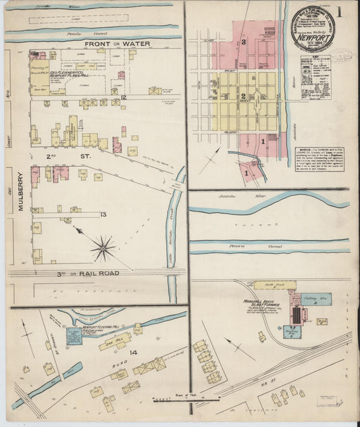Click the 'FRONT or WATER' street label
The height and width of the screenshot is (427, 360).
pyautogui.click(x=117, y=44)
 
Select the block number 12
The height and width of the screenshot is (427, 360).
pyautogui.click(x=124, y=98)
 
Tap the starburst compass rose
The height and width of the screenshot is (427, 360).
pyautogui.click(x=103, y=248)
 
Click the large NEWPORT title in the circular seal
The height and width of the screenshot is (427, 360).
pyautogui.click(x=317, y=39)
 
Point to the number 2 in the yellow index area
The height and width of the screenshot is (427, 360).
pyautogui.click(x=241, y=96)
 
